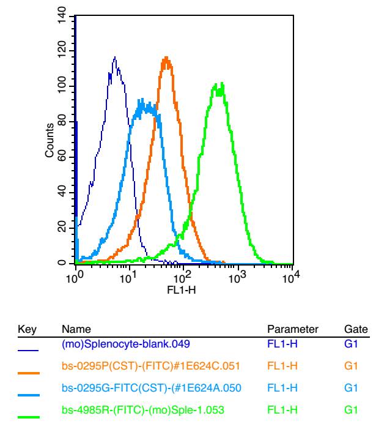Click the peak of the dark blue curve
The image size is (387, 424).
tap(114, 58)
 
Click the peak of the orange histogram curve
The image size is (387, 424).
tap(166, 58)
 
